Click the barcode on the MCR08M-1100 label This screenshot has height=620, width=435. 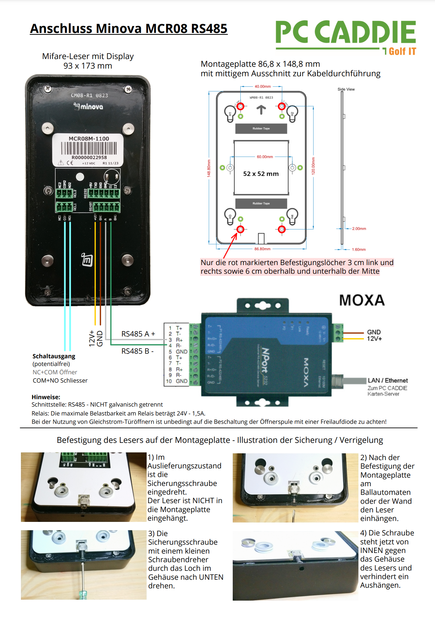click(89, 148)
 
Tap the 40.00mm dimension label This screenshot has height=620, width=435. click(263, 87)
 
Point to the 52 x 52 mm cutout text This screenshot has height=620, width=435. click(261, 174)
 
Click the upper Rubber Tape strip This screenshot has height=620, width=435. click(261, 129)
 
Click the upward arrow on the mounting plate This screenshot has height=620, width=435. click(261, 109)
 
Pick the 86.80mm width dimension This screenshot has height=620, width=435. click(262, 249)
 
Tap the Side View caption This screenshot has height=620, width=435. click(346, 89)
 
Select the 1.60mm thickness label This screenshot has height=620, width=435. click(359, 249)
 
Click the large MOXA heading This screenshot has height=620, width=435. click(362, 300)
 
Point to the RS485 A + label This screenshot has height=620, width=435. click(138, 334)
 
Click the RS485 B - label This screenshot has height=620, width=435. click(137, 351)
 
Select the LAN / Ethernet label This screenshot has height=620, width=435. click(388, 380)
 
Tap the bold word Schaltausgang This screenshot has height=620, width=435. click(54, 356)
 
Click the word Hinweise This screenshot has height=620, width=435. click(46, 397)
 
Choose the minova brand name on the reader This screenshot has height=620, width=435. click(91, 107)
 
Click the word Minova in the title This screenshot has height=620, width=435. click(119, 29)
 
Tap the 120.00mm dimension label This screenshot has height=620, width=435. click(313, 166)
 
